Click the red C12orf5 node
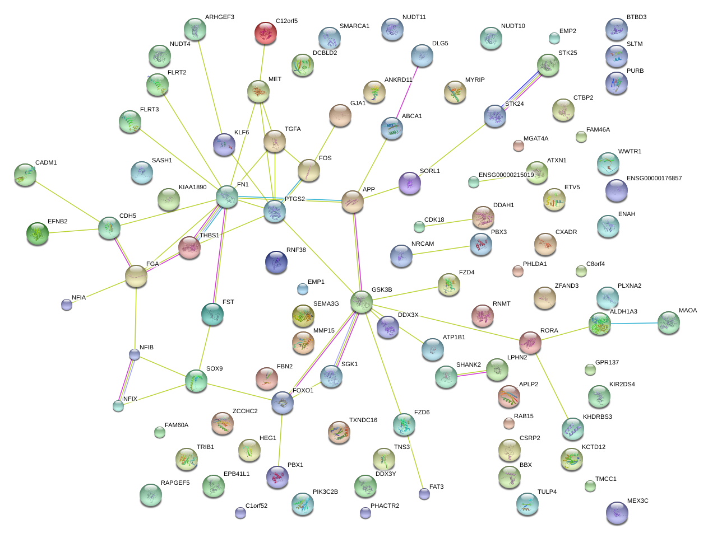point(266,33)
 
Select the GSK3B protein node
point(362,302)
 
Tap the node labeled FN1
point(227,197)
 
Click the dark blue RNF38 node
point(276,262)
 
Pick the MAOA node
point(668,322)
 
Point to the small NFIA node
point(67,305)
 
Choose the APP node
point(353,202)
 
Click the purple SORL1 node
point(410,183)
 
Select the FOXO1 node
point(283,402)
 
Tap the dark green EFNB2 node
point(38,233)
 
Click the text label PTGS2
point(295,199)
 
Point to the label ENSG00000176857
point(654,178)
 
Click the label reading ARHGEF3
point(220,17)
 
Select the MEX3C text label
point(638,500)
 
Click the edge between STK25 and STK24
point(522,91)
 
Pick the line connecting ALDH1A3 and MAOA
point(634,323)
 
